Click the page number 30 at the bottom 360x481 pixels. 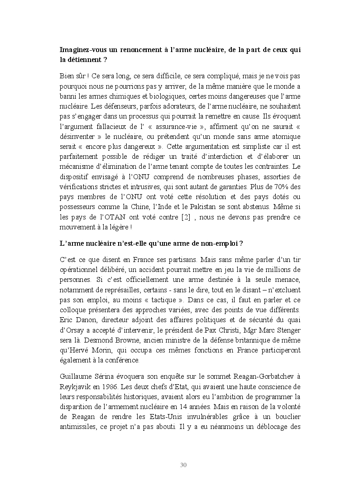pos(183,465)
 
